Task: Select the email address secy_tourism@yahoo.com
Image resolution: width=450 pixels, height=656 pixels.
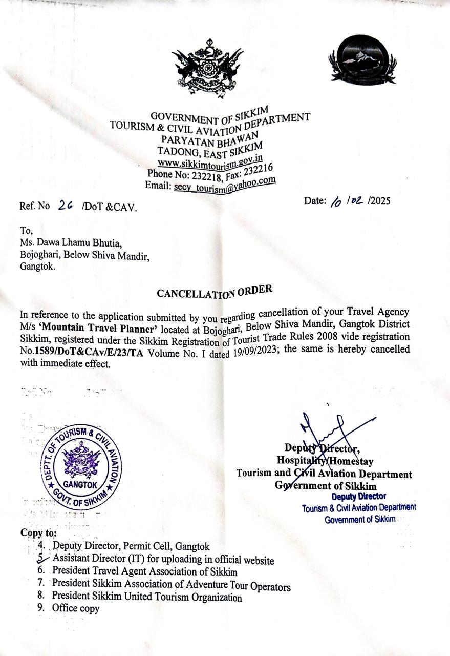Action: (225, 185)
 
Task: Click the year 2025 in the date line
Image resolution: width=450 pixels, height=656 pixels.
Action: (379, 200)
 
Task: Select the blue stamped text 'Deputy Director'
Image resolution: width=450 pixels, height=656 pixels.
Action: (358, 497)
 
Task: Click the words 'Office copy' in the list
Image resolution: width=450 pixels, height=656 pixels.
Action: (76, 609)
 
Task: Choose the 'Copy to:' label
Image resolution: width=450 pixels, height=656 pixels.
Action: (38, 532)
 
